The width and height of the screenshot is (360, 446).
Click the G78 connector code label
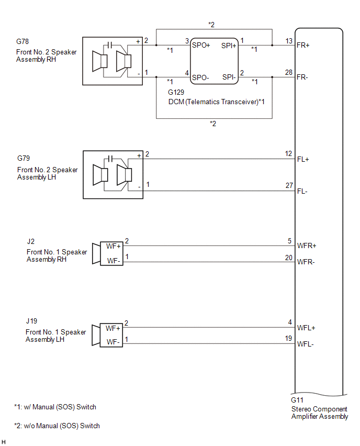pyautogui.click(x=24, y=41)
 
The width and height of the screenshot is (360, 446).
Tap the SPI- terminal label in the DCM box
pyautogui.click(x=229, y=77)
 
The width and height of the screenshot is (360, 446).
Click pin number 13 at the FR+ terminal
pyautogui.click(x=288, y=41)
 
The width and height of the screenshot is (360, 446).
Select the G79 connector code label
pyautogui.click(x=24, y=158)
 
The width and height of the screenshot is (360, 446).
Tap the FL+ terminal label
pyautogui.click(x=303, y=159)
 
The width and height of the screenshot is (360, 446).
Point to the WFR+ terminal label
pyautogui.click(x=306, y=245)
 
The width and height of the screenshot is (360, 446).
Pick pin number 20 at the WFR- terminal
pyautogui.click(x=288, y=257)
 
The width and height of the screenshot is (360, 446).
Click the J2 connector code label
pyautogui.click(x=31, y=241)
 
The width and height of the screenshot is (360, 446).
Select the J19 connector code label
pyautogui.click(x=32, y=321)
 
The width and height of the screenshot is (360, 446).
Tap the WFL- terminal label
pyautogui.click(x=306, y=344)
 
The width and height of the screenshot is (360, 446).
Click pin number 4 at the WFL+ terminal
pyautogui.click(x=290, y=323)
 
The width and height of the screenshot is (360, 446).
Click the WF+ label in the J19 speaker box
pyautogui.click(x=113, y=329)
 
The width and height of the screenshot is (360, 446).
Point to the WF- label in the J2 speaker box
pyautogui.click(x=114, y=261)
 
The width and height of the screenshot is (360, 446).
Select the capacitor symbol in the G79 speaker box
pyautogui.click(x=110, y=158)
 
